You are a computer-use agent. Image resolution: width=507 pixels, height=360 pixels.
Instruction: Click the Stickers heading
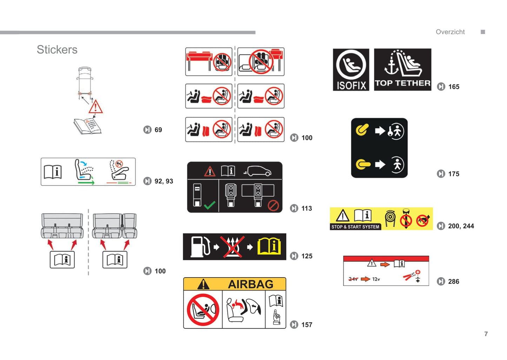coord(57,49)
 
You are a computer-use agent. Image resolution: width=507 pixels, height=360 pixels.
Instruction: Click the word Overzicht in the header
coord(450,32)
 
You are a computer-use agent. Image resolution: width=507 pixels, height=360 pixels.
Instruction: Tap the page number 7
coord(486,334)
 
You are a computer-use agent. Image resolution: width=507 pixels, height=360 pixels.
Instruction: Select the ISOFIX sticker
coord(351,70)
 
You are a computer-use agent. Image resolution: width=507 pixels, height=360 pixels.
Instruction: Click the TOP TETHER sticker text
coord(402,83)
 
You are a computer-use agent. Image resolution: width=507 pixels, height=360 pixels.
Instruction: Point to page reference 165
coord(454,87)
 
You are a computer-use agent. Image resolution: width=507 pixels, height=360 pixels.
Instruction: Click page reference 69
coord(158,130)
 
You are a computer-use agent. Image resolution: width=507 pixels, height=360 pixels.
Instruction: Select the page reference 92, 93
coord(164,181)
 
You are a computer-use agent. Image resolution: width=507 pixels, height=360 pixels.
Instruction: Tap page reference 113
coord(307,208)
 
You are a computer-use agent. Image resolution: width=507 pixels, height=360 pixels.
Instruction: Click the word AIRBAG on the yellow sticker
coord(251,284)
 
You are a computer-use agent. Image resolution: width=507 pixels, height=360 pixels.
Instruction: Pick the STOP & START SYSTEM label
coord(355,227)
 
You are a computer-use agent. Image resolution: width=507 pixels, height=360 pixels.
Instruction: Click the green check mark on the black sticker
coord(209,205)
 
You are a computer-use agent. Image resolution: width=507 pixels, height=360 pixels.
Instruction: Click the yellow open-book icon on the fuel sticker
coord(269,246)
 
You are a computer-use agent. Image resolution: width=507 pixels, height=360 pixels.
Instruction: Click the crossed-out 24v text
coord(353,279)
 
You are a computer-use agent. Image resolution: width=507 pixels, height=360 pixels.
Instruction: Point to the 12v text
coord(376,279)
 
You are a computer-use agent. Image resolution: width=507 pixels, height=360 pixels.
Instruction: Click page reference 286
coord(454,281)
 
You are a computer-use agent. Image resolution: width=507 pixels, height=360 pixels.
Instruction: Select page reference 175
coord(454,174)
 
